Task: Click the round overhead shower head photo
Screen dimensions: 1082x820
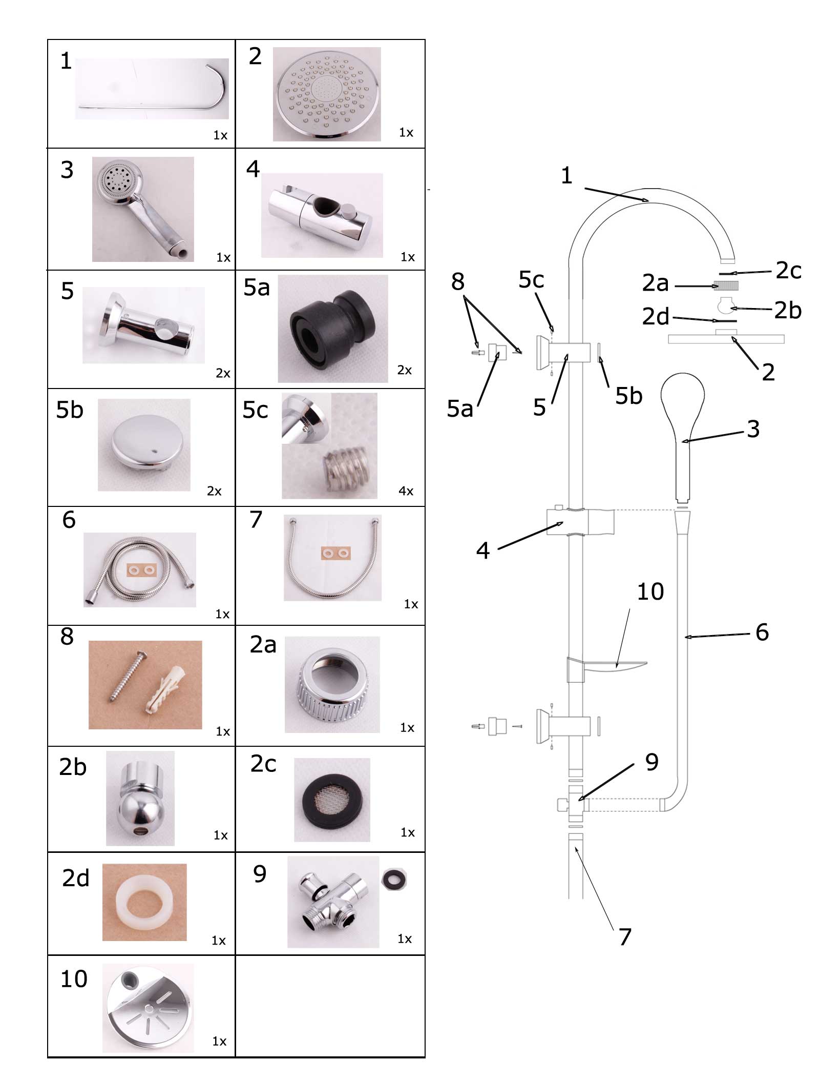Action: [327, 94]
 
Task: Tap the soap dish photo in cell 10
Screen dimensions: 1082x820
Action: [148, 1009]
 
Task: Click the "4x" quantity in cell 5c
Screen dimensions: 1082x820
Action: [406, 491]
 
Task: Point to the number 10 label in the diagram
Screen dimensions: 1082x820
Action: [650, 592]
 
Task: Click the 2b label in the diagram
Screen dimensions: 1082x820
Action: [787, 310]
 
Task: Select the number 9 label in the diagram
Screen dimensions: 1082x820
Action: [651, 762]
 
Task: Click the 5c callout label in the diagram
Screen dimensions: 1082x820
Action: [531, 280]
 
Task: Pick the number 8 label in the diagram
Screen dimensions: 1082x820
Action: [457, 281]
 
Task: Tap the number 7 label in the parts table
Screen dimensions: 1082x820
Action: [256, 520]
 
